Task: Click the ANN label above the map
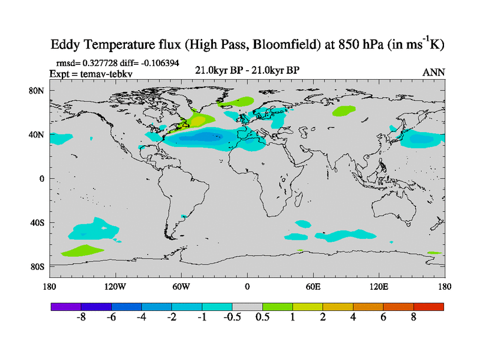tap(434, 72)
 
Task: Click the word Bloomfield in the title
tap(267, 45)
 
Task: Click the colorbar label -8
tap(81, 317)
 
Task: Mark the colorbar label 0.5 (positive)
tap(262, 317)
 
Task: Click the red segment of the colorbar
tap(428, 306)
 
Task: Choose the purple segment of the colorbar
tap(65, 306)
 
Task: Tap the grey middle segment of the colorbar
tap(247, 306)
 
